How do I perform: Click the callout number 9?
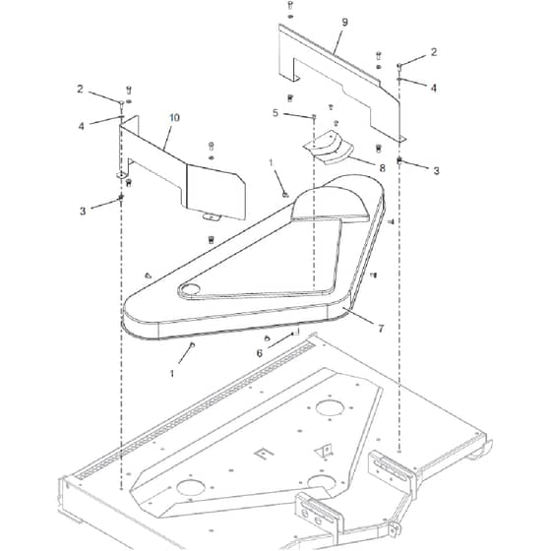(344, 22)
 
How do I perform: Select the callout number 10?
(175, 117)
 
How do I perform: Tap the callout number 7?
(381, 329)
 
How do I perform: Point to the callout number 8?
(382, 168)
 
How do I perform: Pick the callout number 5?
(275, 113)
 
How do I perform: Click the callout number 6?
(260, 353)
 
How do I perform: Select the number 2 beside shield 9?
(434, 52)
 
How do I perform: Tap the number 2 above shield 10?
(80, 90)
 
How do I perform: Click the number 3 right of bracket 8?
(436, 171)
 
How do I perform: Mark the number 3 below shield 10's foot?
(83, 212)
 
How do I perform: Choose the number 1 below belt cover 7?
(172, 373)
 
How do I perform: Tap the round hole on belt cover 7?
(189, 289)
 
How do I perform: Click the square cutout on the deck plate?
(264, 453)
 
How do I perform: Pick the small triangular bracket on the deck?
(325, 451)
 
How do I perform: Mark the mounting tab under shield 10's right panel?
(211, 216)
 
